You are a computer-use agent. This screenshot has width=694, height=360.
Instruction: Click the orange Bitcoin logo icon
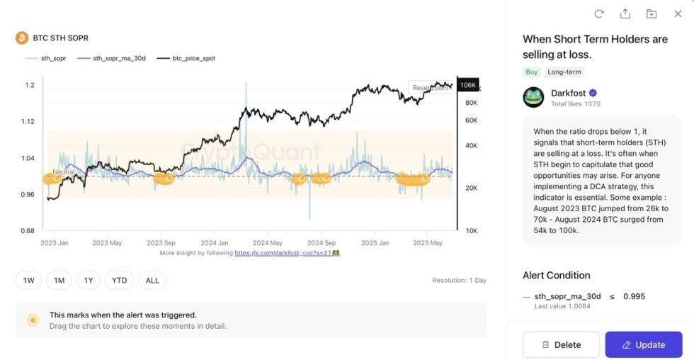[x=22, y=38]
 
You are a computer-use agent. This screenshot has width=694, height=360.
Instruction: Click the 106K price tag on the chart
[x=467, y=85]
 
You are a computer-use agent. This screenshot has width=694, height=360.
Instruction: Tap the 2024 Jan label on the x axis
[x=215, y=242]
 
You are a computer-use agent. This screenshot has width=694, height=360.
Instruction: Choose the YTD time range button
[x=119, y=281]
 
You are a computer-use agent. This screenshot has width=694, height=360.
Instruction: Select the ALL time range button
[x=152, y=281]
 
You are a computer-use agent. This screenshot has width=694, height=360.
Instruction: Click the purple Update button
[x=643, y=344]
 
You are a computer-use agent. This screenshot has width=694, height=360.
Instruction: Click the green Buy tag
[x=531, y=72]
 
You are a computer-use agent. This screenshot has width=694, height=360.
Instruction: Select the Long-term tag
[x=564, y=72]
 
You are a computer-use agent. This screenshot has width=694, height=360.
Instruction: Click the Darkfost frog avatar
[x=533, y=97]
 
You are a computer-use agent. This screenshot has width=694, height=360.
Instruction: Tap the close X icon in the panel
[x=678, y=13]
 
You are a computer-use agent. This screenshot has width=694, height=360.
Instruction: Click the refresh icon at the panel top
[x=599, y=13]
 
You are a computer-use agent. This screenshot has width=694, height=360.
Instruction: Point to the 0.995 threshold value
[x=634, y=296]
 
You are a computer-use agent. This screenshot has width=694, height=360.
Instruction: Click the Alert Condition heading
[x=556, y=275]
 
